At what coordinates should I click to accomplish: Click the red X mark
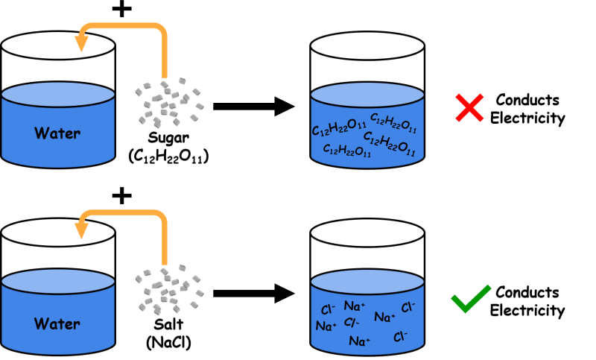(469, 107)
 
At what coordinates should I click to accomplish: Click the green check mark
(471, 299)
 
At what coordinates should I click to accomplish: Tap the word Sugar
(168, 138)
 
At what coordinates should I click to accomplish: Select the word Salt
(168, 324)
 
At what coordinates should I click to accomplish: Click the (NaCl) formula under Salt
(168, 342)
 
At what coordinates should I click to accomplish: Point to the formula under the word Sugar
(168, 157)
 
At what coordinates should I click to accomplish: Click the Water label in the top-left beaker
(57, 133)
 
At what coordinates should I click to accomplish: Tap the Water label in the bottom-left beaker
(57, 324)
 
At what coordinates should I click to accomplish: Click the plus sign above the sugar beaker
(122, 9)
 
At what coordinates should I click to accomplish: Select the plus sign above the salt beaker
(122, 196)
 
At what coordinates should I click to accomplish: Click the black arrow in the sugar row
(254, 107)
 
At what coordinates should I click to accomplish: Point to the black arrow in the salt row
(254, 294)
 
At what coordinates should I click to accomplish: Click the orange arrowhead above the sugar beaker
(81, 43)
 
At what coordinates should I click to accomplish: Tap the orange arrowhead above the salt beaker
(81, 230)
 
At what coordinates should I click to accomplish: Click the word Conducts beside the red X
(527, 100)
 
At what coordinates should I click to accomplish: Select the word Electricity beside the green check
(527, 311)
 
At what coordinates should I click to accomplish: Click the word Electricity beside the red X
(527, 119)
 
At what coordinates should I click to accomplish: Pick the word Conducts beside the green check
(527, 292)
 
